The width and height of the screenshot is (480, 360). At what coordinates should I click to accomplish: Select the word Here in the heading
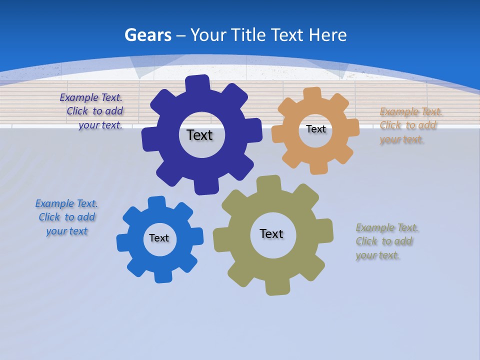click(327, 35)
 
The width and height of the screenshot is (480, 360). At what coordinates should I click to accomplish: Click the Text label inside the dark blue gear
click(199, 135)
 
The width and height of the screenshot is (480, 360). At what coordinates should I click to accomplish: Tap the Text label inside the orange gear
click(315, 129)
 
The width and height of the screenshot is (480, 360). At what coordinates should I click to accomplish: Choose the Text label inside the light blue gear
click(159, 238)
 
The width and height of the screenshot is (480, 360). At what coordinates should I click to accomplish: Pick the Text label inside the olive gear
click(271, 233)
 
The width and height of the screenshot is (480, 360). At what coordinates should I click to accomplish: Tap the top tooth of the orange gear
click(312, 93)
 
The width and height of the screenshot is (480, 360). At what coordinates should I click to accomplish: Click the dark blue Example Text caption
click(91, 111)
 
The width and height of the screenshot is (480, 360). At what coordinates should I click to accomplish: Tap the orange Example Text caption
click(408, 125)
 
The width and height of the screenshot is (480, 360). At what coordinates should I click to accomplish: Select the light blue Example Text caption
click(66, 217)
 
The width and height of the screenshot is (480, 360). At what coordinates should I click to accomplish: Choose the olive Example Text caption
click(386, 241)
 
